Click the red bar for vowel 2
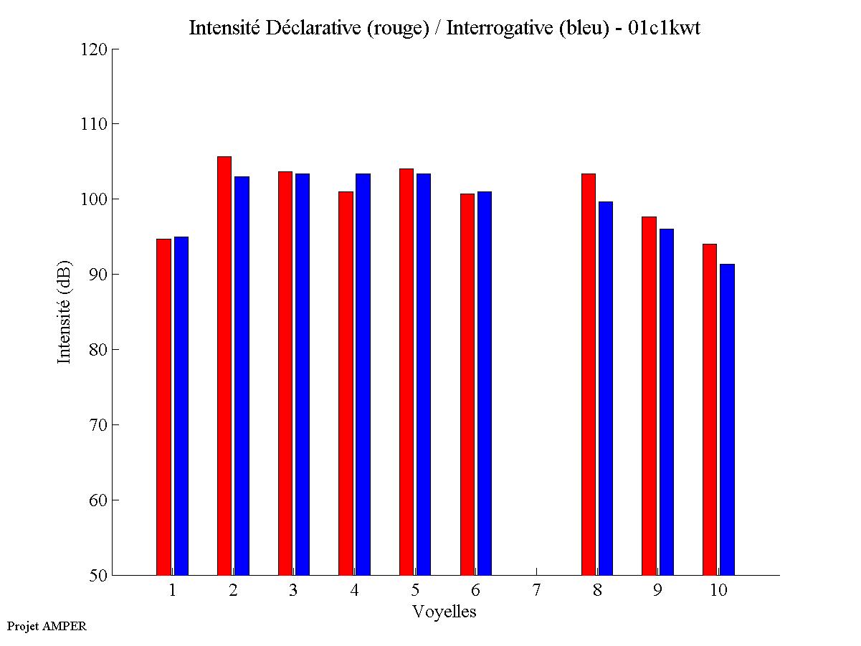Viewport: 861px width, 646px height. pyautogui.click(x=224, y=366)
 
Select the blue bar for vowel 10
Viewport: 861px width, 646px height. pyautogui.click(x=727, y=419)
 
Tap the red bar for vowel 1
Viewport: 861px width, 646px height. pyautogui.click(x=163, y=407)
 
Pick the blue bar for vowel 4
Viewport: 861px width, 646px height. pyautogui.click(x=363, y=374)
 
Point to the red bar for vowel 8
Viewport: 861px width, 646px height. pyautogui.click(x=589, y=374)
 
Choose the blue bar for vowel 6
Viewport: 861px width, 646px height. pyautogui.click(x=485, y=383)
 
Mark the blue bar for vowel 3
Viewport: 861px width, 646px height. pyautogui.click(x=303, y=374)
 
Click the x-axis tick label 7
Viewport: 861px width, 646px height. pyautogui.click(x=537, y=590)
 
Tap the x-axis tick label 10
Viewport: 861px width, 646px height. pyautogui.click(x=718, y=590)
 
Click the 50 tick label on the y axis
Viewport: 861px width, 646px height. pyautogui.click(x=98, y=575)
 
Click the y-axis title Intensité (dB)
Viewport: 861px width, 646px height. pyautogui.click(x=65, y=311)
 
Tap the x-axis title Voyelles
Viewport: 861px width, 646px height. pyautogui.click(x=444, y=612)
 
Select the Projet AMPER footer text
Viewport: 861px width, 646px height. pyautogui.click(x=47, y=626)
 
